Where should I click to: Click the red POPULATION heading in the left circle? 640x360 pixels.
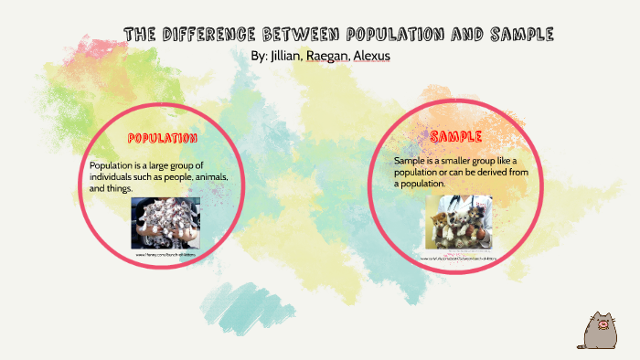(162, 139)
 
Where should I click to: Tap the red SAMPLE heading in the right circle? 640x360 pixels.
(456, 137)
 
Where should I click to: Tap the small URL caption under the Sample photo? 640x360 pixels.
(463, 259)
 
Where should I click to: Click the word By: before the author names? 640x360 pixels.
(259, 56)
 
